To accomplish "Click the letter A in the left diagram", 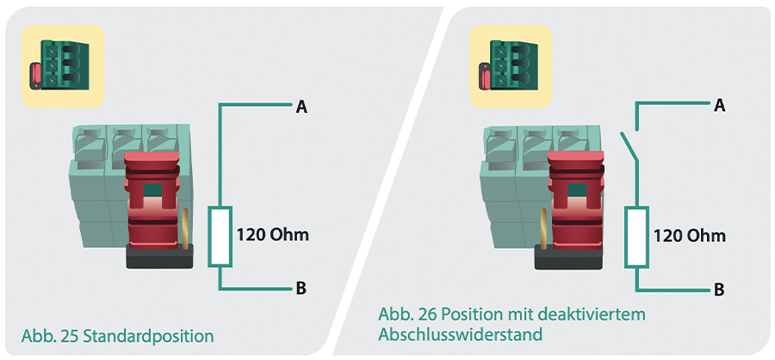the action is (x=301, y=106).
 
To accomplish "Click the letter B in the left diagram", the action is (x=301, y=288).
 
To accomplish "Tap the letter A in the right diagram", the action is (x=720, y=105).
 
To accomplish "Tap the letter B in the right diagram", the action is (x=719, y=289).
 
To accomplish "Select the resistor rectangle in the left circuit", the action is (x=220, y=236).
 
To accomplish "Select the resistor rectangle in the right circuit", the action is (x=637, y=237).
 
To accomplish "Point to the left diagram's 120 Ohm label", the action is (x=272, y=234).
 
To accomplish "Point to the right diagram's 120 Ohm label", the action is (x=690, y=235).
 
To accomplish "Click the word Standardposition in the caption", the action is (x=148, y=337).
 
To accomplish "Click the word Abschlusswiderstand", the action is (x=460, y=334).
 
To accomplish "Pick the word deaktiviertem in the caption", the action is (x=591, y=314).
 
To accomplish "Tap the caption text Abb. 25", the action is (x=49, y=336).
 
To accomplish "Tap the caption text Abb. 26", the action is (x=407, y=314).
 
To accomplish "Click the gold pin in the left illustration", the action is (x=186, y=228).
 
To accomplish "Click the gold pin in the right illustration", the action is (x=544, y=228).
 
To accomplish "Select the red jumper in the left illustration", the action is (x=152, y=201).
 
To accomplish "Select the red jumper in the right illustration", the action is (x=576, y=201).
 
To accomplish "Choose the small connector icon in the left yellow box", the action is (x=59, y=65).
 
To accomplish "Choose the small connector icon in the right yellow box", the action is (x=508, y=65).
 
